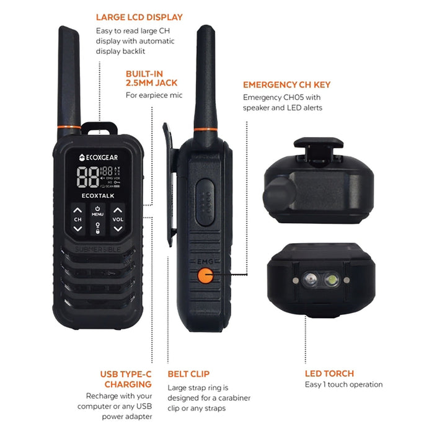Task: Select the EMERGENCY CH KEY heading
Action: click(x=286, y=84)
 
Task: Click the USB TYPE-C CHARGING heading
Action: click(x=126, y=379)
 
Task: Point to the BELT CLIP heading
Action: click(x=188, y=374)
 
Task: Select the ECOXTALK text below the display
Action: click(x=97, y=195)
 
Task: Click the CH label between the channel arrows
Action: click(x=77, y=219)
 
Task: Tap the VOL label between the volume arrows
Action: click(x=117, y=219)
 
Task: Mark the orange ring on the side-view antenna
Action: click(x=204, y=129)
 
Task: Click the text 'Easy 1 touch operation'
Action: click(x=343, y=384)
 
